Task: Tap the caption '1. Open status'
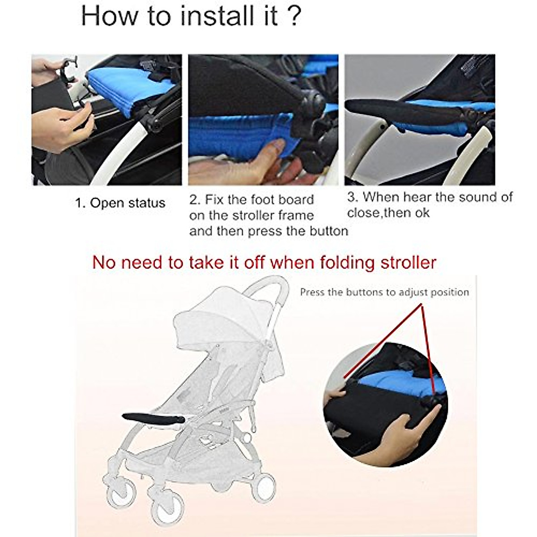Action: [120, 203]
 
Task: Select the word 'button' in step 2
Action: [329, 231]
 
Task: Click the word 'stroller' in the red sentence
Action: [408, 263]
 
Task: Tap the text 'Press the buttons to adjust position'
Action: [384, 292]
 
